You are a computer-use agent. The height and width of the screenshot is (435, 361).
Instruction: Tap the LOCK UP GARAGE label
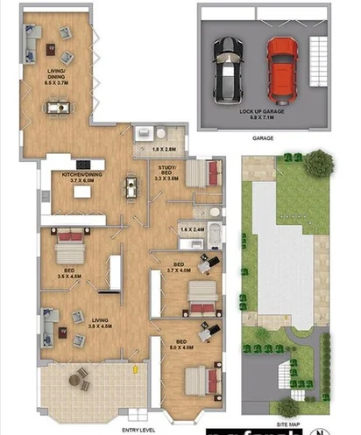261,114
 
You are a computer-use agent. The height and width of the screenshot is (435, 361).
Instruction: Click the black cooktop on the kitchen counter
85,163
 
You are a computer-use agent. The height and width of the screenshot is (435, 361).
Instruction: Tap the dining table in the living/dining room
59,108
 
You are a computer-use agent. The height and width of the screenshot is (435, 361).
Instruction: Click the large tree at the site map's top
319,161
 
